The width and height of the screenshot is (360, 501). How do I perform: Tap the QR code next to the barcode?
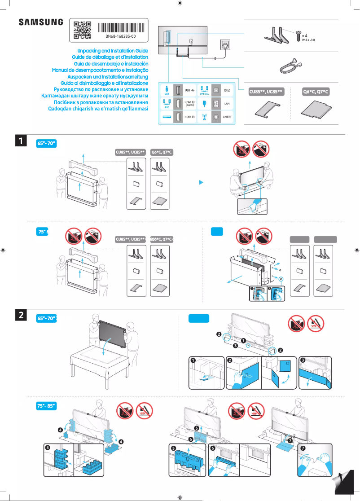click(82, 30)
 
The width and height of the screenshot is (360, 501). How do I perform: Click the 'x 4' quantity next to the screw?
click(305, 35)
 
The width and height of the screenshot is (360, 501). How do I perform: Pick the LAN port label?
click(227, 103)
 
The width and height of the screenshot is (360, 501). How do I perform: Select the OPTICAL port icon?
click(204, 90)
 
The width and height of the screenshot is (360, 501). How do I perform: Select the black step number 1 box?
click(21, 141)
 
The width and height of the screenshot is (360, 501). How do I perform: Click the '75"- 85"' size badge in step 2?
click(46, 406)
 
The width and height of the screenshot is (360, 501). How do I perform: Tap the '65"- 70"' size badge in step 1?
click(46, 143)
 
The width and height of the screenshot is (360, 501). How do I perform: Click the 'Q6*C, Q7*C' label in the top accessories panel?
click(316, 92)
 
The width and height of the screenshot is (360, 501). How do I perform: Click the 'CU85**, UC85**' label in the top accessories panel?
click(266, 92)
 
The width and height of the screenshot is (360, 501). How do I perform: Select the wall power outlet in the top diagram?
click(224, 45)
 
